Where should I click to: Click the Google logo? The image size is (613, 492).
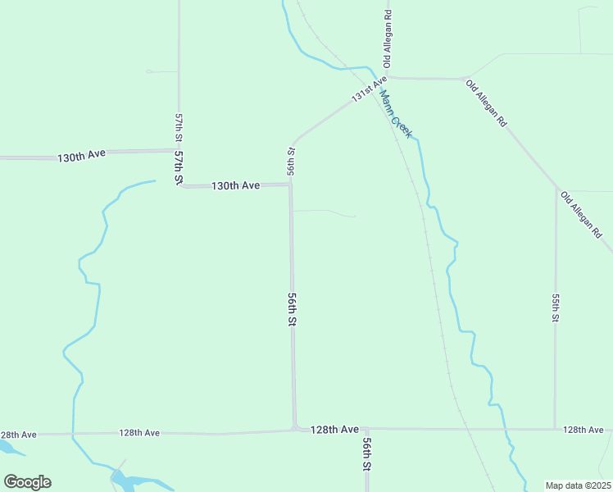[x=27, y=482]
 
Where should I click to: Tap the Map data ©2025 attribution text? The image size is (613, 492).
[x=577, y=485]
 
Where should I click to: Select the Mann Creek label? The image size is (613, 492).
[x=395, y=113]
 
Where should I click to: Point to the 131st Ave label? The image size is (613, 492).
[x=369, y=89]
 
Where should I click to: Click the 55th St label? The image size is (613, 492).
[x=556, y=308]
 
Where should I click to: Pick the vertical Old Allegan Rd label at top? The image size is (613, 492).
[x=388, y=39]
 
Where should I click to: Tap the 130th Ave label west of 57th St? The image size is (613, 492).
[x=82, y=156]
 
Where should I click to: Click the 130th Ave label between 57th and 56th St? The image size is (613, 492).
[x=235, y=186]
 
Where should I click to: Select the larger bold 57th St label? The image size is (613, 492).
[x=178, y=167]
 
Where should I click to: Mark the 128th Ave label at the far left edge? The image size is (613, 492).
[x=18, y=435]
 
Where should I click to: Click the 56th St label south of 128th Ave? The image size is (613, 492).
[x=367, y=453]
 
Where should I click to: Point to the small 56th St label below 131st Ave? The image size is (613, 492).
[x=291, y=161]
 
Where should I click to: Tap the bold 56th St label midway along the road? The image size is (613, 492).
[x=291, y=310]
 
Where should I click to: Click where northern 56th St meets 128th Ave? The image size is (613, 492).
[x=295, y=428]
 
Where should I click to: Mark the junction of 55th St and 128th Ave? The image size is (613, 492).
[x=556, y=429]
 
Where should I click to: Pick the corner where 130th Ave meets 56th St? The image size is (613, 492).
[x=290, y=185]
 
